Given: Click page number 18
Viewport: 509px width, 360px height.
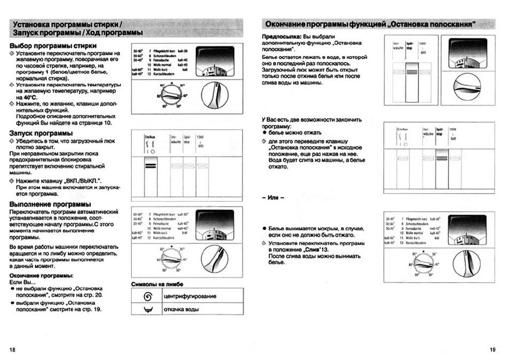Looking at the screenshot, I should point(12,349).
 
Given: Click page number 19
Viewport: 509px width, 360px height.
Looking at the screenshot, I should point(492,349).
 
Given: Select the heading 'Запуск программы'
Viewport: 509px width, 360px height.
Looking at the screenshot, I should point(41,133).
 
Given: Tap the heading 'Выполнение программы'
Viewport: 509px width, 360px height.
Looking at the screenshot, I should point(50,204).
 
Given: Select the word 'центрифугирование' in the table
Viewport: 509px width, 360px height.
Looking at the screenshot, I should point(190,296).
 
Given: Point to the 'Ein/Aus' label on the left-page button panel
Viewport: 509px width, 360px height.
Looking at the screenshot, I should point(150,137).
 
